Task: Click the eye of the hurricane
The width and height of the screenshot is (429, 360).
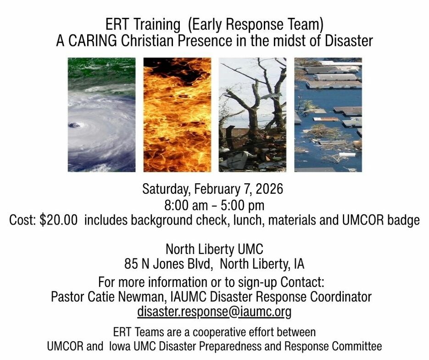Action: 74,125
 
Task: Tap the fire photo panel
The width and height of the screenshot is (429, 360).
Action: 177,115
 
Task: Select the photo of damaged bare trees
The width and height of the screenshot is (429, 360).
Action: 252,115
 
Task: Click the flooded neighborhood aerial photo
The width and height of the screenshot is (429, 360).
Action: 328,115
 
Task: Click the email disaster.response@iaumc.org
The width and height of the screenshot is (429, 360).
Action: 214,311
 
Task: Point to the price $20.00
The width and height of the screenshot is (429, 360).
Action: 59,220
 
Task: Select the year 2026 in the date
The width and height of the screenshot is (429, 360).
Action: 269,189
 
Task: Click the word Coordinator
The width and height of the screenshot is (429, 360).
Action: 340,297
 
